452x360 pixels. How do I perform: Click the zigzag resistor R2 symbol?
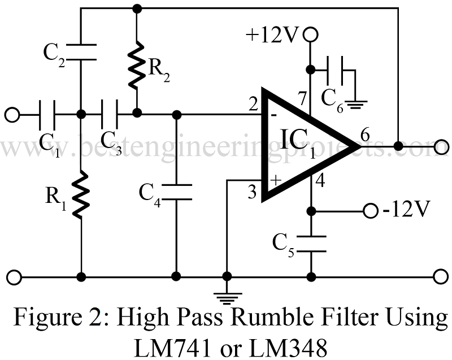[136, 67]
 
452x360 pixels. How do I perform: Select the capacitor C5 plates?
[310, 242]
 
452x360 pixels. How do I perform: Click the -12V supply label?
[406, 211]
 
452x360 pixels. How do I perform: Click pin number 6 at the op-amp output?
[365, 136]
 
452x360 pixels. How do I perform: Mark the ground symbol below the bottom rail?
[227, 294]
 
